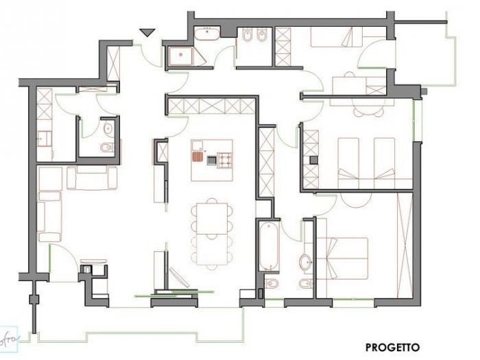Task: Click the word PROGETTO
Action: [x=392, y=348]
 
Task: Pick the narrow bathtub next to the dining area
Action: [x=268, y=245]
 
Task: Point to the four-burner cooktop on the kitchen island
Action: [x=225, y=160]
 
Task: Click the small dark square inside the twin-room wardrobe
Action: [x=313, y=159]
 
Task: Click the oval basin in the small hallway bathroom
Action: [x=108, y=128]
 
